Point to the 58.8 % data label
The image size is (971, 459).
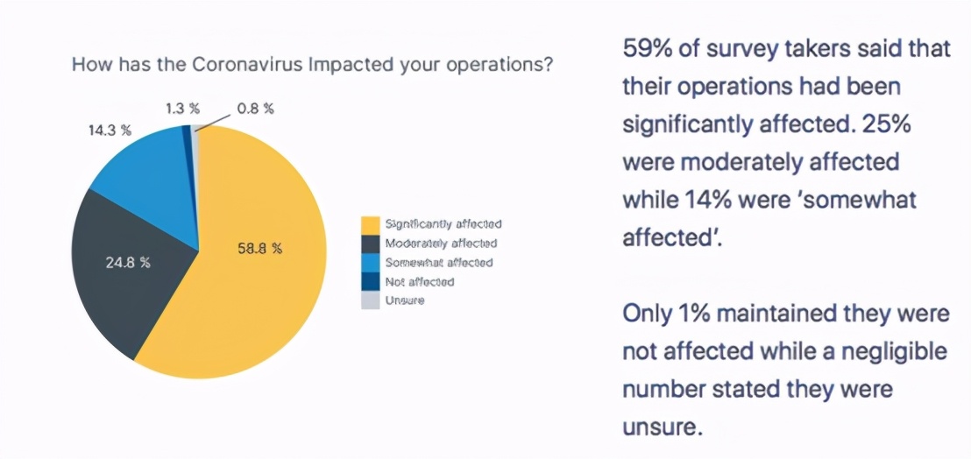point(259,249)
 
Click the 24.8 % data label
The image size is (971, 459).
point(128,262)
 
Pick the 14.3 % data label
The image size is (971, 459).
point(110,131)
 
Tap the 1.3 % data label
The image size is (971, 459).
point(182,109)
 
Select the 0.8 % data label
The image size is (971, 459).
point(255,109)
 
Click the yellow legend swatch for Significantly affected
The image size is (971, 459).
point(371,224)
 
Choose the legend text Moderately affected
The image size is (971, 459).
point(441,244)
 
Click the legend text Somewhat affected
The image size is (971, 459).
point(438,263)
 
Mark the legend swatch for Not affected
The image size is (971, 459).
point(371,281)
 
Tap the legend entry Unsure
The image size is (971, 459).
point(404,300)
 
